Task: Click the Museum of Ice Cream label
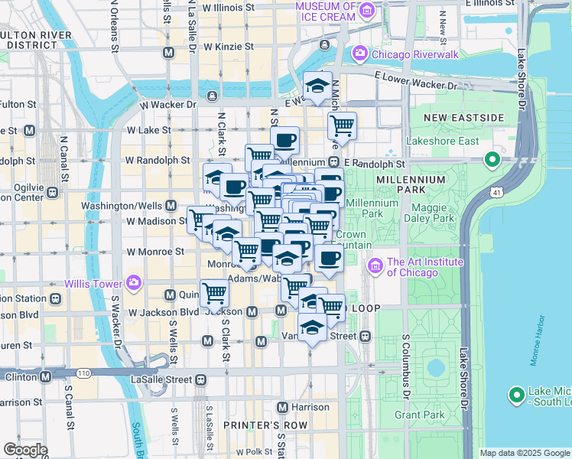(x=327, y=11)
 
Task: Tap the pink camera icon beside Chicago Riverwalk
(x=359, y=54)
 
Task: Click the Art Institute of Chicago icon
(x=375, y=266)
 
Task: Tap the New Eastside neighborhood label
(x=465, y=118)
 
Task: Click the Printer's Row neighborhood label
(x=265, y=425)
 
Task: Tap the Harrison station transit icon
(x=283, y=407)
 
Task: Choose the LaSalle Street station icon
(x=201, y=379)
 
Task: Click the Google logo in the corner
(x=25, y=450)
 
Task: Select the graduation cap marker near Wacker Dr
(x=316, y=86)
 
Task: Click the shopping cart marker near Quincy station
(x=215, y=292)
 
